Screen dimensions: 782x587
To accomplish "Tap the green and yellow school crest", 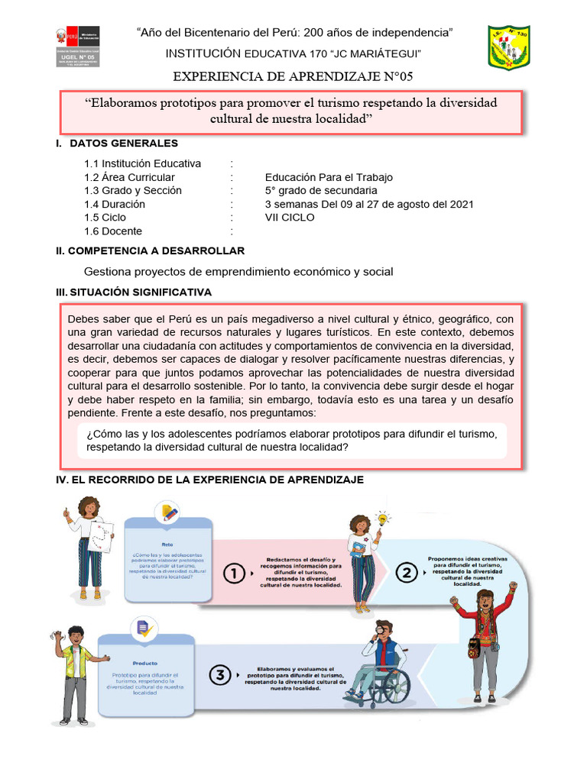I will pos(508,47).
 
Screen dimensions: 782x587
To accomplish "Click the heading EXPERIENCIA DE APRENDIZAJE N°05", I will pos(294,76).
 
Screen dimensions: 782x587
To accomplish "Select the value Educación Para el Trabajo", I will pos(329,177).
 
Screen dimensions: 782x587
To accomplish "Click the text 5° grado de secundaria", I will pos(321,191).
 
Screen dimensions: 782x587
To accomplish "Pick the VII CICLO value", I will pos(290,218).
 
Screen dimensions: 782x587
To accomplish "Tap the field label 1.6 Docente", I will pos(114,231).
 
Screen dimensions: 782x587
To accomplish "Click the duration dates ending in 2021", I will pos(369,204).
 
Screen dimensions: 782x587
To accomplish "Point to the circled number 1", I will pos(235,574).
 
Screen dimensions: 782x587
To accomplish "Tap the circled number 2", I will pos(407,572).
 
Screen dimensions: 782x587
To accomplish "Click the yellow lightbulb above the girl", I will pos(383,519).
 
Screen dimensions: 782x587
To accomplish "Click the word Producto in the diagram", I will pos(145,664).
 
